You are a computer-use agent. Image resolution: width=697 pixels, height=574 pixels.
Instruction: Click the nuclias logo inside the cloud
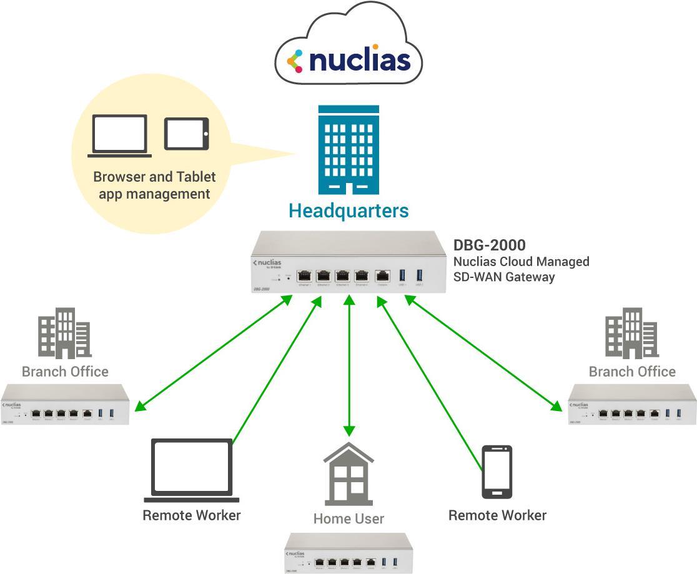click(348, 61)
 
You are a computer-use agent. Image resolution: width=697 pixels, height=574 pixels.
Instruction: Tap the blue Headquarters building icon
click(348, 150)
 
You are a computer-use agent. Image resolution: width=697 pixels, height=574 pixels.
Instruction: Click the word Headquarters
click(348, 210)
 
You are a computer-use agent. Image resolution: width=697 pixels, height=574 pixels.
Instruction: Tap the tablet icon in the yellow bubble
click(186, 134)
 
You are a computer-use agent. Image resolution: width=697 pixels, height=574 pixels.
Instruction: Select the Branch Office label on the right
click(632, 372)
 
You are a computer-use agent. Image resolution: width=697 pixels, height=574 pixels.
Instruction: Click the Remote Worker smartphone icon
click(497, 472)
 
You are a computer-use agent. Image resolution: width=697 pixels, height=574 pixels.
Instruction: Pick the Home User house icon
click(348, 474)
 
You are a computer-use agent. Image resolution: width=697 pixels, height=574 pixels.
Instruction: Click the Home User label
click(348, 518)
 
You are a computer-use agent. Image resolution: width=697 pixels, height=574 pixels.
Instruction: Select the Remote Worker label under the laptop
click(191, 515)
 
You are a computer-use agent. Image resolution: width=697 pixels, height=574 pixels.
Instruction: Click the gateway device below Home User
click(348, 552)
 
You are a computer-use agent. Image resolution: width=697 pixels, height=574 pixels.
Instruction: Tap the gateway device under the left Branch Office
click(65, 405)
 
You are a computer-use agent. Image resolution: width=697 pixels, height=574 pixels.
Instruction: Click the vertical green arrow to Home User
click(349, 365)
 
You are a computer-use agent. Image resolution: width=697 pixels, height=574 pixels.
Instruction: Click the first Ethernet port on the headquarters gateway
click(305, 275)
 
